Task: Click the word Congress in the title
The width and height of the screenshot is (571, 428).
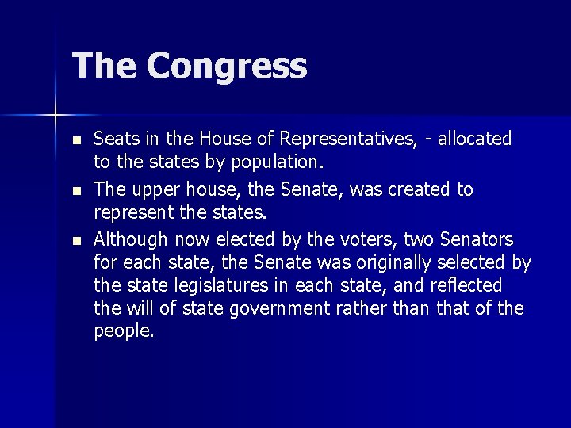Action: pyautogui.click(x=226, y=67)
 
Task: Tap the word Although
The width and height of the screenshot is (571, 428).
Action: pyautogui.click(x=130, y=239)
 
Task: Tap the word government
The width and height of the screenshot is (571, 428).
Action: pyautogui.click(x=284, y=308)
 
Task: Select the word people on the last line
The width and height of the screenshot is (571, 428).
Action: pyautogui.click(x=124, y=331)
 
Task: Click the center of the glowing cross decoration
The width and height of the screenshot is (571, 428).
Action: pyautogui.click(x=56, y=116)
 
